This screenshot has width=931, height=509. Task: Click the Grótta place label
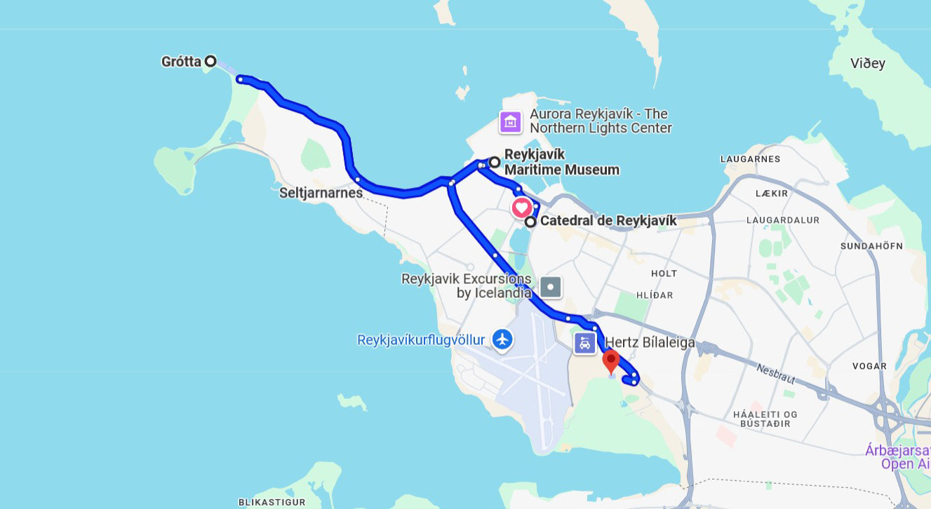(x=181, y=62)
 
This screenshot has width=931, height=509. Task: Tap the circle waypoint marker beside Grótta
(x=210, y=61)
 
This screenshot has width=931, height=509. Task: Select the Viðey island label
(x=868, y=64)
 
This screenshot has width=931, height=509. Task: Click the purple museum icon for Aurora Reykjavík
(x=510, y=121)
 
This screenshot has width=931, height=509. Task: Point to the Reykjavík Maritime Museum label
(x=561, y=162)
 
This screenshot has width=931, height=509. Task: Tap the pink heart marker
(x=521, y=208)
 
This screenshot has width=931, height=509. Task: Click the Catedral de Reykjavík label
(x=608, y=222)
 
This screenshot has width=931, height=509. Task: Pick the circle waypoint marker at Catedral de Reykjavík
(x=531, y=222)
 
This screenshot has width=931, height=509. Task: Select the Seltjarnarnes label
(x=319, y=191)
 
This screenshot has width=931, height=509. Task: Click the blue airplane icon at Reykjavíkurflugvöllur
(x=502, y=340)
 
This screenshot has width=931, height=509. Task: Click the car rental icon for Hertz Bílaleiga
(x=585, y=344)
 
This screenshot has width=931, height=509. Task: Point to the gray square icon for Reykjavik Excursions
(x=551, y=286)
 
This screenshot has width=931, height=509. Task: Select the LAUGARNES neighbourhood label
(x=750, y=159)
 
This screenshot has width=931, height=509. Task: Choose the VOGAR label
(x=869, y=366)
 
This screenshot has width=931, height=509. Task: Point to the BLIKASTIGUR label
(x=272, y=502)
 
